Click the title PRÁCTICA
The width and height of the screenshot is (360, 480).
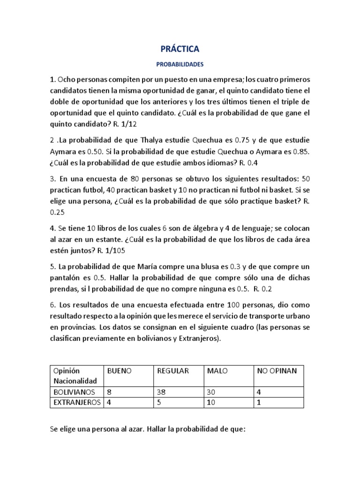point(180,49)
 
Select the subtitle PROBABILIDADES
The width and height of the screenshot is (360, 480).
point(180,64)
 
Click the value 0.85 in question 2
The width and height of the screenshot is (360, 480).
point(301,152)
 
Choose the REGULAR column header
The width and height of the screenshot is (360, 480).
point(173,371)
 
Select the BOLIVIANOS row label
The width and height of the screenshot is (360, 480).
point(75,392)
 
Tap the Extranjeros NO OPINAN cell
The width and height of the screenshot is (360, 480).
point(259,403)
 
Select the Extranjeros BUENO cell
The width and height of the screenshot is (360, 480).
point(110,403)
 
